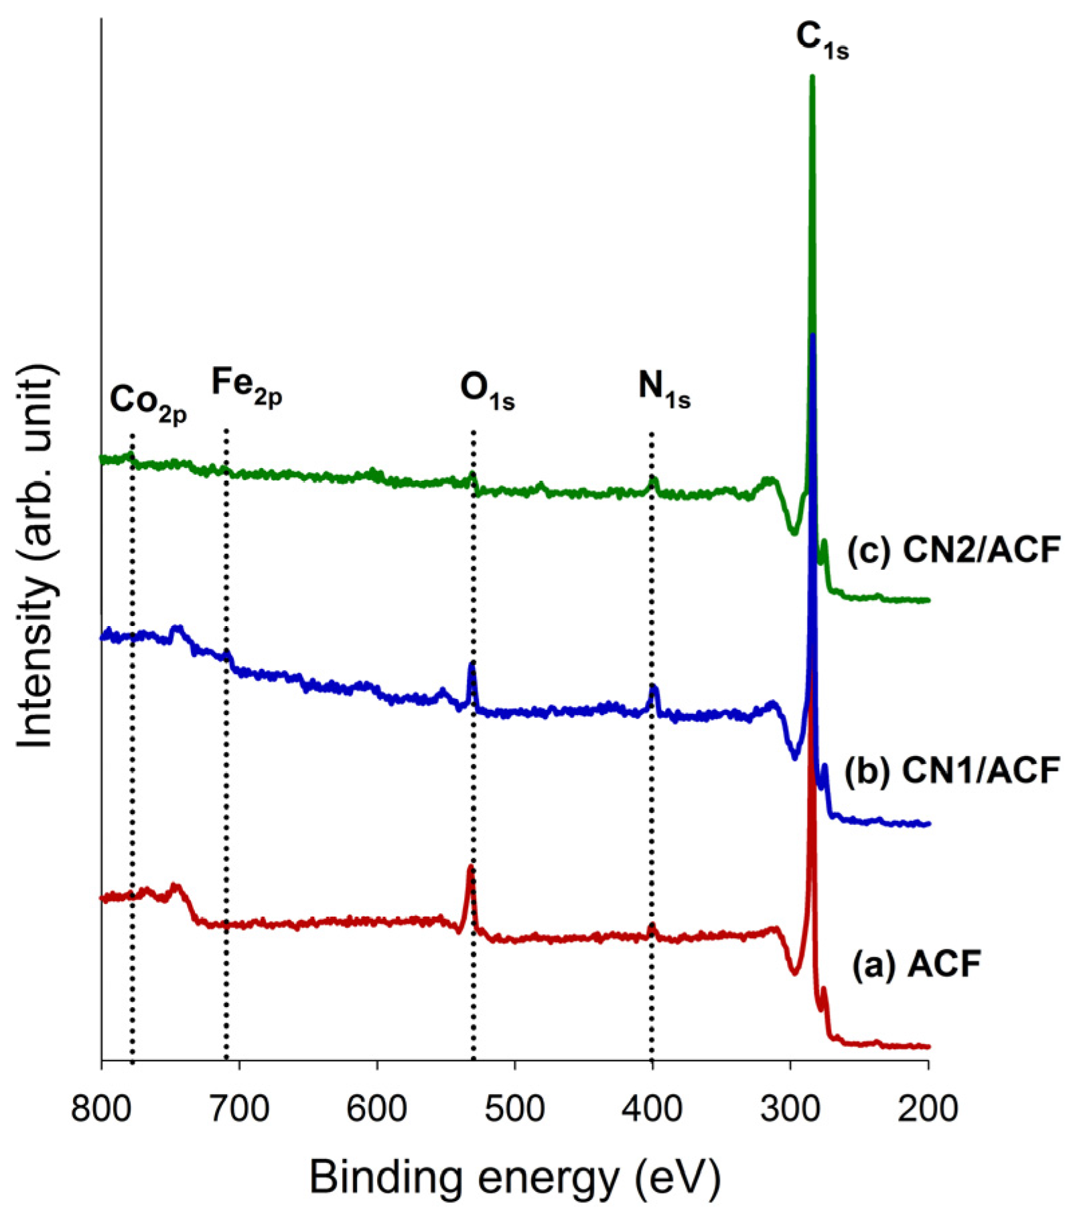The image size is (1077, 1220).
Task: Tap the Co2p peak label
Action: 148,404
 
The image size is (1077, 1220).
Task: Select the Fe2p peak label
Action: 246,387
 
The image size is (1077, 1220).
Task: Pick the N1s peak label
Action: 664,390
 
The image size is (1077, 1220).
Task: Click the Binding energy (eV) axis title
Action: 514,1177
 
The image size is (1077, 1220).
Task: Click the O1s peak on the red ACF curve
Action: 471,868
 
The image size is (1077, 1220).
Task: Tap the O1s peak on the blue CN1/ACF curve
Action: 472,664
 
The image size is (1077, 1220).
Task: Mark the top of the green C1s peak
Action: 812,77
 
